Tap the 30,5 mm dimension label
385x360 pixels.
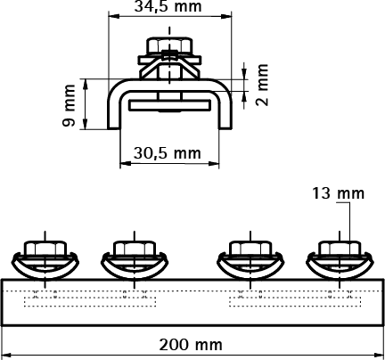[168, 151]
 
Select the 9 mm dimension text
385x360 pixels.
[70, 104]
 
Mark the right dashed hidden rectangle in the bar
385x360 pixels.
[293, 299]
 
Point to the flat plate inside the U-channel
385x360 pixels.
[168, 104]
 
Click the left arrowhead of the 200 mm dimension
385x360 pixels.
[6, 354]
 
